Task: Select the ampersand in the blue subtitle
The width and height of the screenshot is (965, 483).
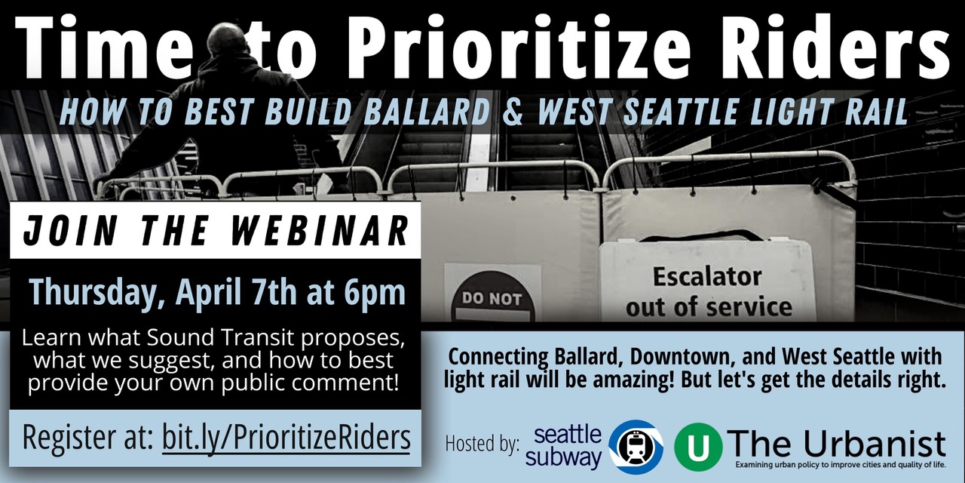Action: tap(513, 111)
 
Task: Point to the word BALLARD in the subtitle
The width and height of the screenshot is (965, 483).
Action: tap(427, 111)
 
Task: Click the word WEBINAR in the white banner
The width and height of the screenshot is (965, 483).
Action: tap(320, 231)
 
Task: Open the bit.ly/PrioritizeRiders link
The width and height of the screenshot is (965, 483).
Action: tap(286, 438)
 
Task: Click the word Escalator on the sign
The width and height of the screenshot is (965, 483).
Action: tap(707, 276)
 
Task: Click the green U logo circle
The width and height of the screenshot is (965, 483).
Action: tap(698, 447)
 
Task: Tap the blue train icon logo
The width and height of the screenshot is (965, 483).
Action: tap(636, 447)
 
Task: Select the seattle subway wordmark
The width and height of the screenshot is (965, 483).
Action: tap(563, 447)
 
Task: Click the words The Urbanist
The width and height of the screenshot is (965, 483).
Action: tap(837, 445)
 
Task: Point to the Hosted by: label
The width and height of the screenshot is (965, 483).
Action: tap(482, 445)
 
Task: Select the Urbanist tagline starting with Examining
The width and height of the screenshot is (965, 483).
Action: tap(841, 466)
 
